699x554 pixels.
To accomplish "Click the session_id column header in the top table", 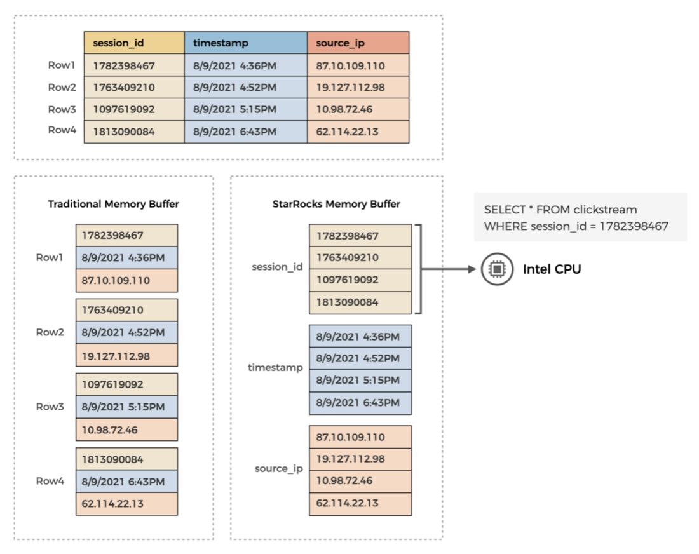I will click(134, 43).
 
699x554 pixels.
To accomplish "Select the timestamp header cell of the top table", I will click(246, 43).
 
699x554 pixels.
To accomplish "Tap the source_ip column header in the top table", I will click(358, 43).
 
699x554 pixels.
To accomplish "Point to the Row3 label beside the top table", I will click(62, 109).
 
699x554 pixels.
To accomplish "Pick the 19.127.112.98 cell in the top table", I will click(358, 87).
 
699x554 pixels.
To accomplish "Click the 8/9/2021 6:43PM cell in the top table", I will click(246, 132).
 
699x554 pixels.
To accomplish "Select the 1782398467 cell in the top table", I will click(134, 65).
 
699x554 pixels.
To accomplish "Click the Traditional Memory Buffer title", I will click(114, 204).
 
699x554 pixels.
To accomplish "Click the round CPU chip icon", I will click(496, 269).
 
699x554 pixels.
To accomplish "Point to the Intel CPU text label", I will click(552, 269).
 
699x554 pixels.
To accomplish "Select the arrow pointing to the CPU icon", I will click(448, 269).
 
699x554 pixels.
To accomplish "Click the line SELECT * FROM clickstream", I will click(560, 210).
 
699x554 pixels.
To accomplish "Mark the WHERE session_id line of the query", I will click(576, 226).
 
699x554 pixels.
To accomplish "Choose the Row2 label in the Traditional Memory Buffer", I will click(50, 332).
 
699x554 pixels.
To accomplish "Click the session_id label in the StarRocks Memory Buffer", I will click(277, 267).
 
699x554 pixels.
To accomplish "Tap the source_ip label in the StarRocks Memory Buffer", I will click(279, 469).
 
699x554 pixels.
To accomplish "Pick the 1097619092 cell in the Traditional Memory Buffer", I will click(126, 384).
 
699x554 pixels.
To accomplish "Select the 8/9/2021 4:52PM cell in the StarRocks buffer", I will click(360, 358).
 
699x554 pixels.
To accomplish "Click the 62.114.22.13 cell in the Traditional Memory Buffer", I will click(126, 503).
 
